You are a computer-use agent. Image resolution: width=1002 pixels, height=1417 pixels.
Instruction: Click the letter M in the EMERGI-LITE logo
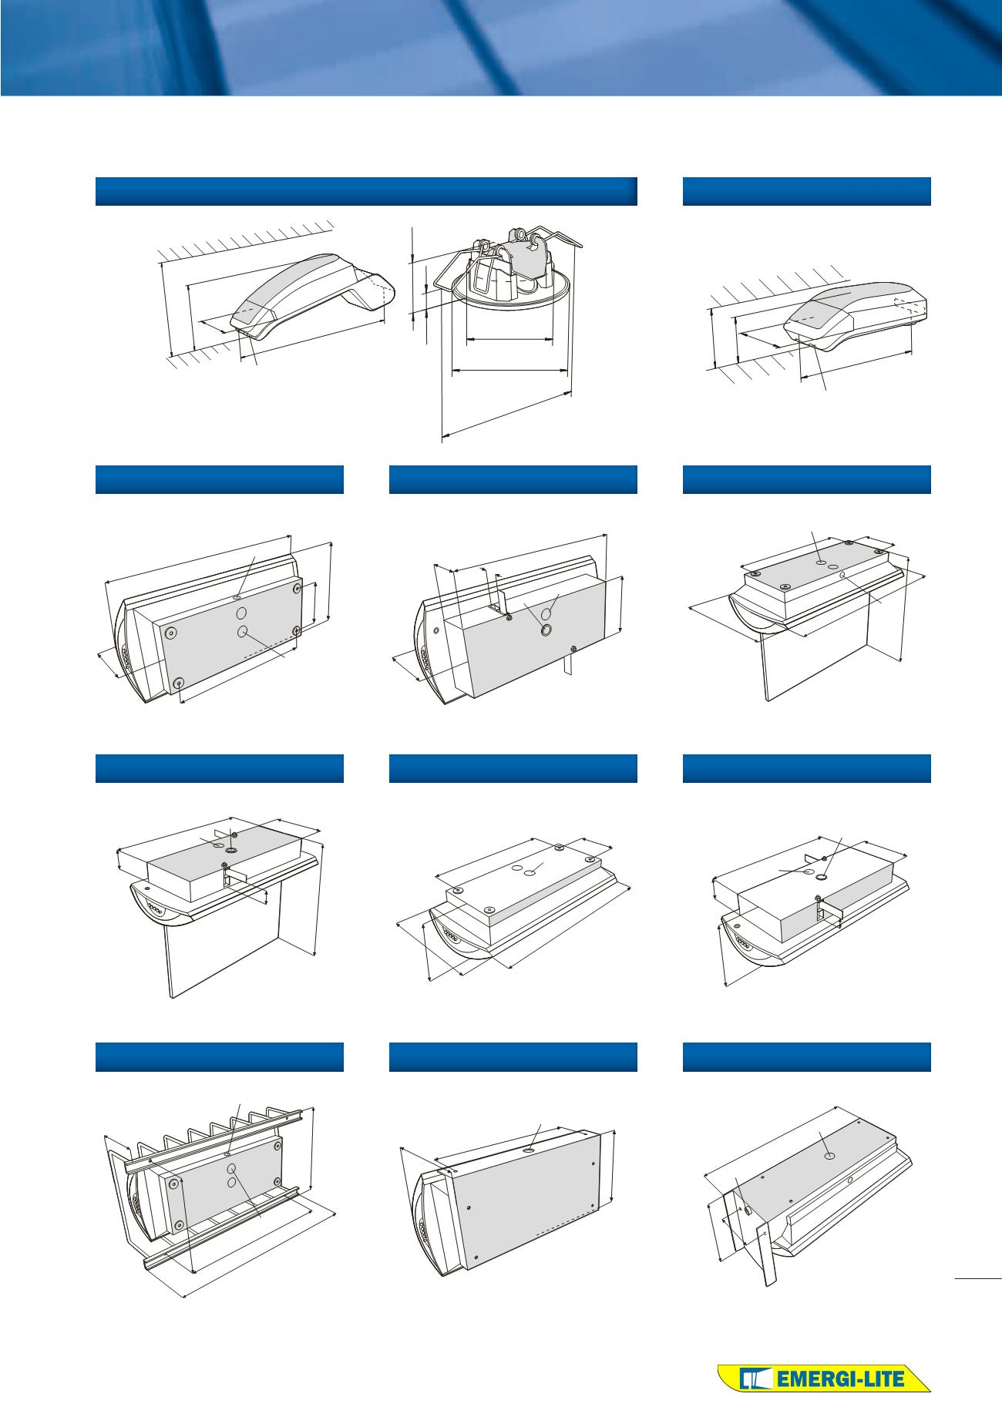point(795,1379)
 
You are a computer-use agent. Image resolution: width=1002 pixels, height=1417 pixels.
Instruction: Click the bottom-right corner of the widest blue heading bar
point(637,206)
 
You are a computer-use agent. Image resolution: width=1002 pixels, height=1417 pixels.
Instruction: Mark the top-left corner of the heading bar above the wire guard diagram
point(96,1043)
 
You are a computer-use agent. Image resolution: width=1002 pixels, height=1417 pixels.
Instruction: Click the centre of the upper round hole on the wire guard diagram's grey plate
point(231,1170)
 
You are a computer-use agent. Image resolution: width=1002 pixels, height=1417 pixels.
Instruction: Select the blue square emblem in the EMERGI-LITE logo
point(753,1378)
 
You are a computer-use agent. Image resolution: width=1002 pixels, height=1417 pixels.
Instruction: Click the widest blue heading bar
point(366,191)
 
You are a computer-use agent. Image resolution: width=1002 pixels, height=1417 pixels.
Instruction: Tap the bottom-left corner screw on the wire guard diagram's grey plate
point(179,1226)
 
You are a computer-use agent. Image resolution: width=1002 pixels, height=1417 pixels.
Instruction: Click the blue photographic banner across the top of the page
point(501,48)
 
